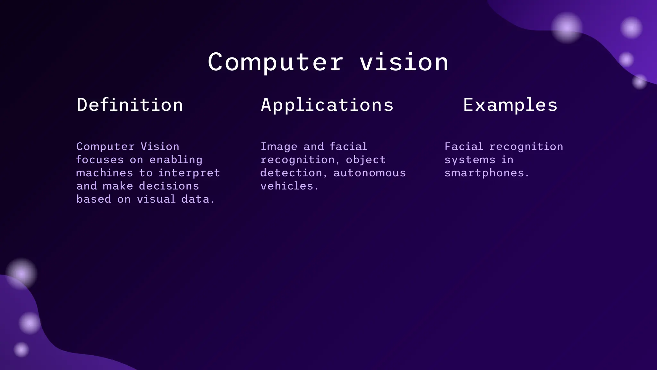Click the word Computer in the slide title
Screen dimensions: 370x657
(276, 62)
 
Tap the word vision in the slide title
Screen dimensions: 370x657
(404, 62)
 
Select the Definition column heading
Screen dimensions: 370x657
(130, 105)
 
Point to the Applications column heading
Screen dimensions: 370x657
(327, 105)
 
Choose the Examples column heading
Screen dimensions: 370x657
(510, 105)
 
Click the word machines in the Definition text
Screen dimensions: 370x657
(105, 173)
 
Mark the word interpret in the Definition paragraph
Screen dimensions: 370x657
(189, 173)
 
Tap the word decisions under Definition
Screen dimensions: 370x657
(169, 186)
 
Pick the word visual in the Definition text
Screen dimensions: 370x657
(157, 199)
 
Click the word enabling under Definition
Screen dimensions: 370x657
(176, 160)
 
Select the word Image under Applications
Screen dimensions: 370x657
(279, 147)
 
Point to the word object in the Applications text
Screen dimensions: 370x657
(366, 160)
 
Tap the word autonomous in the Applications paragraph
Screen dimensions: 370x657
(370, 173)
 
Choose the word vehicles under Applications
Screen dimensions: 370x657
(287, 186)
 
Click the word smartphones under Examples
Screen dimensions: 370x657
(484, 173)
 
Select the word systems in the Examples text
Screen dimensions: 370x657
(470, 160)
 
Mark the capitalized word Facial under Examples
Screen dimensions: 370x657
(464, 147)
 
